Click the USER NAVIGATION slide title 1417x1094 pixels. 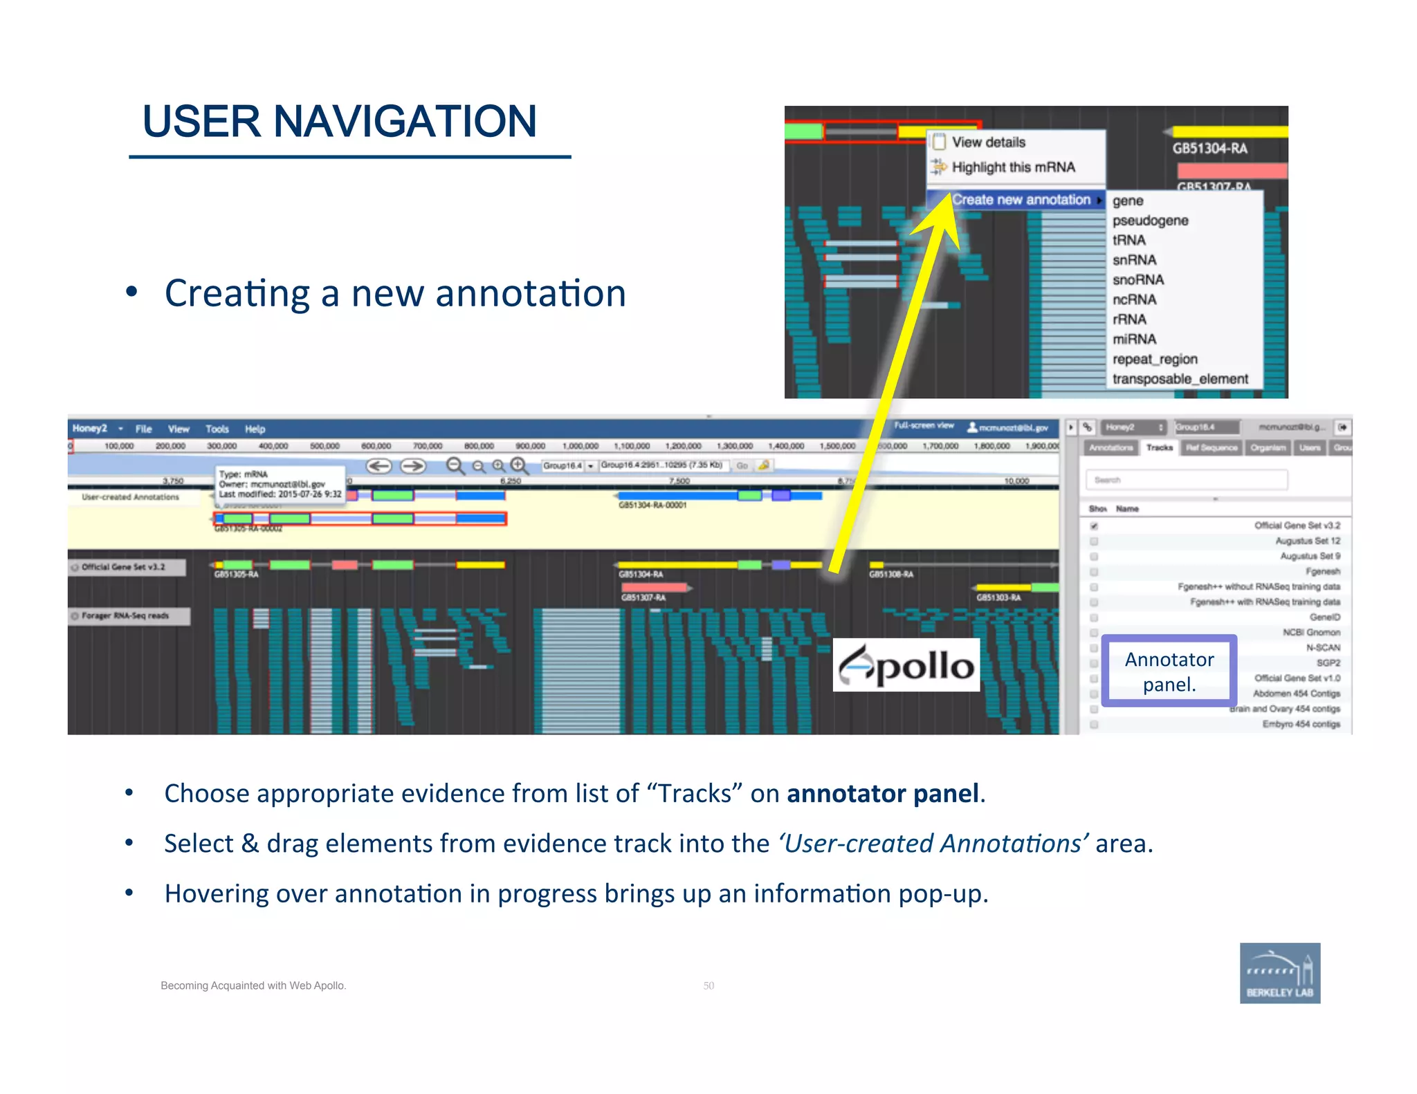coord(339,122)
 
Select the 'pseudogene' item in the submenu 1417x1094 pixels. coord(1150,221)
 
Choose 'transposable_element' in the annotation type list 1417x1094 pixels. coord(1180,379)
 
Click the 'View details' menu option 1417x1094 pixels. coord(988,142)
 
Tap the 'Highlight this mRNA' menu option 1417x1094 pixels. coord(1013,167)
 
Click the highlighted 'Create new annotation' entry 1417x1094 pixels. coord(1020,200)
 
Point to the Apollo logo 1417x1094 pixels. coord(906,665)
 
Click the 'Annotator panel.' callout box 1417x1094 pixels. coord(1169,671)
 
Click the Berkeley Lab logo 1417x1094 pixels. coord(1279,973)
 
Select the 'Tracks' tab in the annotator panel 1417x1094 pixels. coord(1159,447)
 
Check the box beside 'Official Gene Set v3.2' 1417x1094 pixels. coord(1094,526)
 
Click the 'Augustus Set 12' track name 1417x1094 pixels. coord(1307,541)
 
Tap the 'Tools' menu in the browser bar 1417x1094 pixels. coord(217,429)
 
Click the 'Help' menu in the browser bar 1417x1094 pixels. coord(255,429)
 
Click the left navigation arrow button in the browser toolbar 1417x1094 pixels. coord(378,466)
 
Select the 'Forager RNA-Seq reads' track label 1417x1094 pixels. coord(125,615)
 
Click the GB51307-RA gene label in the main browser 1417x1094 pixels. coord(643,597)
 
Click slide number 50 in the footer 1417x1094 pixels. coord(708,985)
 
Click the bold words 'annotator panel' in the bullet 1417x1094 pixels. coord(883,793)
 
